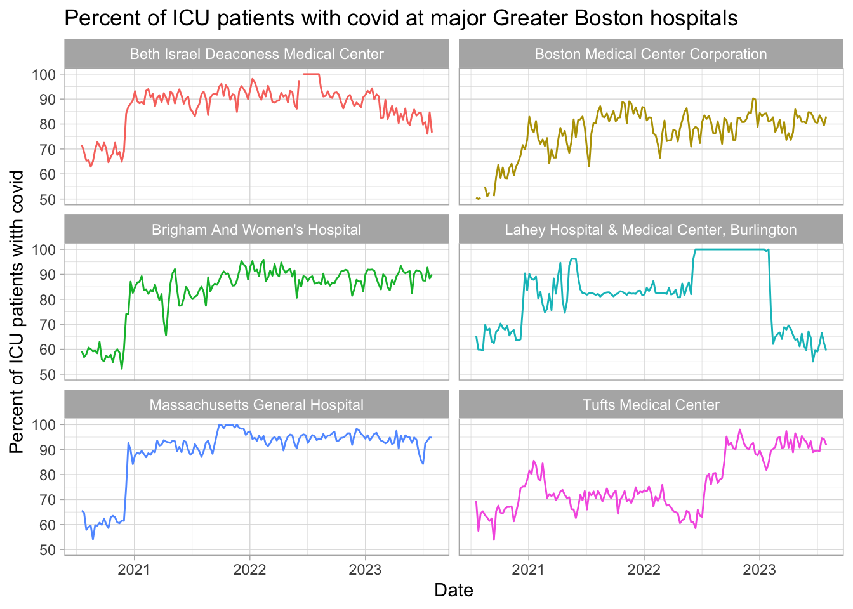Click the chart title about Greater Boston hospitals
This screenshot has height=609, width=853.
[x=401, y=18]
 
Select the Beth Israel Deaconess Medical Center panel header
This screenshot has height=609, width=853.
[x=256, y=54]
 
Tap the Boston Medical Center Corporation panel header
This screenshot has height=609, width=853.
[x=651, y=54]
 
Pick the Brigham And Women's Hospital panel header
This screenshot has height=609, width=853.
[x=256, y=230]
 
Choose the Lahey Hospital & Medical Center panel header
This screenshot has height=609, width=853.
[x=651, y=230]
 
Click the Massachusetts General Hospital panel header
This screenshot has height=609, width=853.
[x=256, y=405]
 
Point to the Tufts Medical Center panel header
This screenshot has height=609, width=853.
[x=651, y=405]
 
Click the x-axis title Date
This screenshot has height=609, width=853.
[x=453, y=591]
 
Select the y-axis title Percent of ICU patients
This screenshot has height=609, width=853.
[x=17, y=311]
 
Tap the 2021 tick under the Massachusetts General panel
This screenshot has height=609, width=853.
[x=134, y=569]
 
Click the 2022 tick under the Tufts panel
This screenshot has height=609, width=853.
[x=644, y=569]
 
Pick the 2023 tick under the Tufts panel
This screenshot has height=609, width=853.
[x=760, y=569]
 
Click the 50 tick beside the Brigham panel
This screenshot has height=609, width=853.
[x=48, y=374]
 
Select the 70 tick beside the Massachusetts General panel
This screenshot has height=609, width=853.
[x=48, y=500]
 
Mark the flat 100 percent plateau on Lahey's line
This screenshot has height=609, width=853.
[x=730, y=249]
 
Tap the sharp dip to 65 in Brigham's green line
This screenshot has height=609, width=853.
[x=166, y=334]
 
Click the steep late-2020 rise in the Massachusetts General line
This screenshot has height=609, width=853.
[x=126, y=482]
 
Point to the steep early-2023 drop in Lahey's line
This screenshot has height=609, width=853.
[x=770, y=298]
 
